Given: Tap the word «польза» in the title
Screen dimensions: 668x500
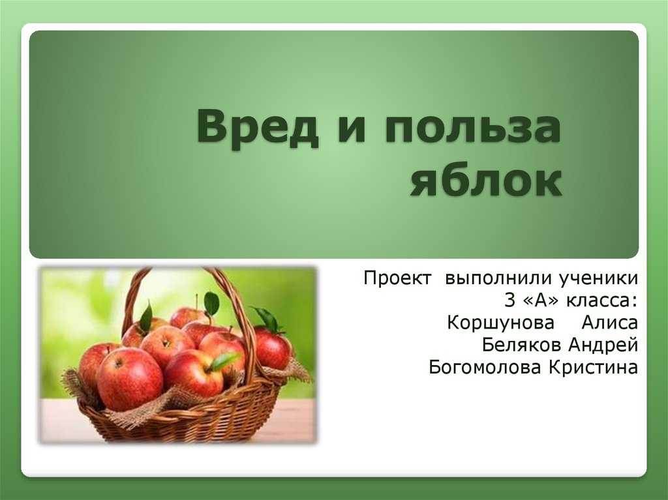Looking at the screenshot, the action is point(472,128).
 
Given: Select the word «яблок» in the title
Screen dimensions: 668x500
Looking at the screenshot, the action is point(486,181).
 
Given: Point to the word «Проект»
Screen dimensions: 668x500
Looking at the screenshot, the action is point(397,278).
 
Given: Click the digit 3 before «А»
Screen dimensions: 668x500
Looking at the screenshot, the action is point(509,301).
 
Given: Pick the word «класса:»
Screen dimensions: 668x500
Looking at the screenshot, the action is point(601,301).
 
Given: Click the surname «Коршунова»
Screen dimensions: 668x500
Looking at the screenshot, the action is point(500,323).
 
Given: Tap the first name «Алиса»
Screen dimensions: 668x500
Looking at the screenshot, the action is point(610,323).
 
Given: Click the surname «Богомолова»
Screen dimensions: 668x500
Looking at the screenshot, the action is point(486,367).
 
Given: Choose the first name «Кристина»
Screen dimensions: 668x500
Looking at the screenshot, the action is point(594,367).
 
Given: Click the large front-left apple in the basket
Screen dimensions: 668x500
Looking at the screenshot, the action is point(129,378).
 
